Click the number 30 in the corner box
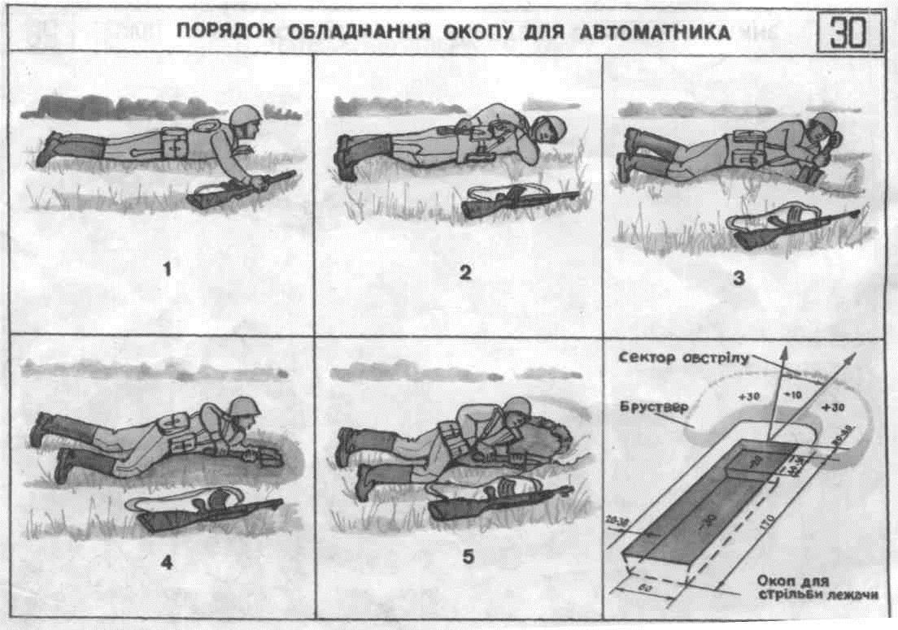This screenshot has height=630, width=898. [847, 33]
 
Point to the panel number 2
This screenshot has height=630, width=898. [464, 272]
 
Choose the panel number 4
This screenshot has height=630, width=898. [166, 560]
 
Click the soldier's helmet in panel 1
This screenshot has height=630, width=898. [243, 115]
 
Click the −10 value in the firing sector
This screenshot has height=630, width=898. [793, 395]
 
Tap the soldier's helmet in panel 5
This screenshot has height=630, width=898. [515, 409]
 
